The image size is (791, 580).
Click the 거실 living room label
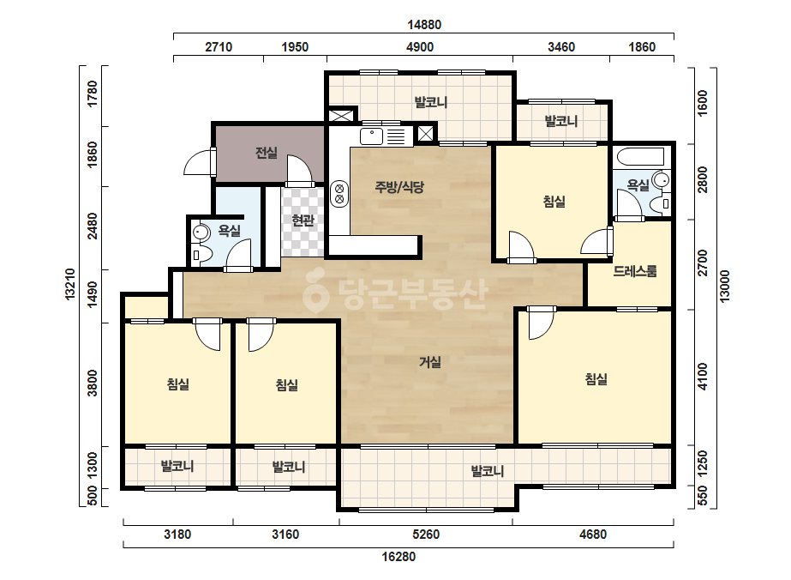(x=430, y=362)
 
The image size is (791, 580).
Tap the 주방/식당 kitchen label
(x=399, y=187)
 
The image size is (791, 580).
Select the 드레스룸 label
(x=635, y=271)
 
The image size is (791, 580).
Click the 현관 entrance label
(x=303, y=221)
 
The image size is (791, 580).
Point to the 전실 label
(x=267, y=152)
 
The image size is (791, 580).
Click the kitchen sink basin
(x=372, y=136)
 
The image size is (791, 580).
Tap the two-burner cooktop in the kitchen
(x=339, y=194)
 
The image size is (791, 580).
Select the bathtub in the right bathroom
(x=641, y=157)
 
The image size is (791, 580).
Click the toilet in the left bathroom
(x=199, y=255)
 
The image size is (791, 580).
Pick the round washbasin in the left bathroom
(x=201, y=233)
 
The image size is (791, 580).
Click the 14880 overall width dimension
(x=424, y=25)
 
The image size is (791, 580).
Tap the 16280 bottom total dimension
(x=398, y=557)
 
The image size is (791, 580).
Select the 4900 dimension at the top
(x=420, y=47)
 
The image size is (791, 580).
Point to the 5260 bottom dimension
(x=426, y=534)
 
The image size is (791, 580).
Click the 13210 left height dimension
(x=70, y=285)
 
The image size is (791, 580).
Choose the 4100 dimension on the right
(x=703, y=377)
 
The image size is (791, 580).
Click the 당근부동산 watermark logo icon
(x=315, y=291)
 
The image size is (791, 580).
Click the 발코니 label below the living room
(x=488, y=471)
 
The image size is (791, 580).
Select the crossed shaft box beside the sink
(x=425, y=133)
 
